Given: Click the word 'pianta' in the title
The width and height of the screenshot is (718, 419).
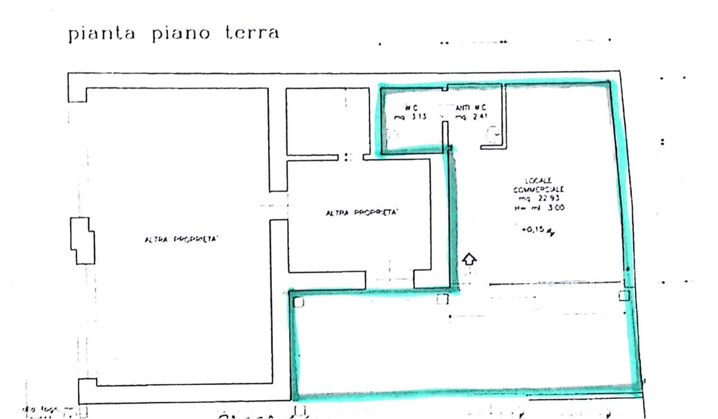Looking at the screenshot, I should pyautogui.click(x=102, y=34).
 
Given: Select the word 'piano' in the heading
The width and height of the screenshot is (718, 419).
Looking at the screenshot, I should pyautogui.click(x=180, y=34).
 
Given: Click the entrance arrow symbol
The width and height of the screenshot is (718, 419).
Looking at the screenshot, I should pyautogui.click(x=470, y=259).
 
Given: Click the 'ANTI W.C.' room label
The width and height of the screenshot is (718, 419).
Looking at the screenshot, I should pyautogui.click(x=471, y=107).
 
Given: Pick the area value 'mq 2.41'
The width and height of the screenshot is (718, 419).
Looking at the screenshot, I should pyautogui.click(x=471, y=117).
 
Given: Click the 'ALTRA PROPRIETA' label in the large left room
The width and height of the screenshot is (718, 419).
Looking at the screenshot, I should pyautogui.click(x=181, y=240).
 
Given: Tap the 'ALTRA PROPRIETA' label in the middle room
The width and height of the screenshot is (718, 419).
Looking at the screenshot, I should pyautogui.click(x=362, y=213).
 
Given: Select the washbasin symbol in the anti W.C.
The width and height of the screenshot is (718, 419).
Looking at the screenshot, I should pyautogui.click(x=494, y=135).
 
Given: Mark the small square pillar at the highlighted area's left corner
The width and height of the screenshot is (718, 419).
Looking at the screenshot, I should pyautogui.click(x=298, y=302).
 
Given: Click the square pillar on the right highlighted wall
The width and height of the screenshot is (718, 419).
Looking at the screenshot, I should pyautogui.click(x=624, y=296).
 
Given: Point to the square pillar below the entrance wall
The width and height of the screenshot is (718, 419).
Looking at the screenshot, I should pyautogui.click(x=443, y=299).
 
